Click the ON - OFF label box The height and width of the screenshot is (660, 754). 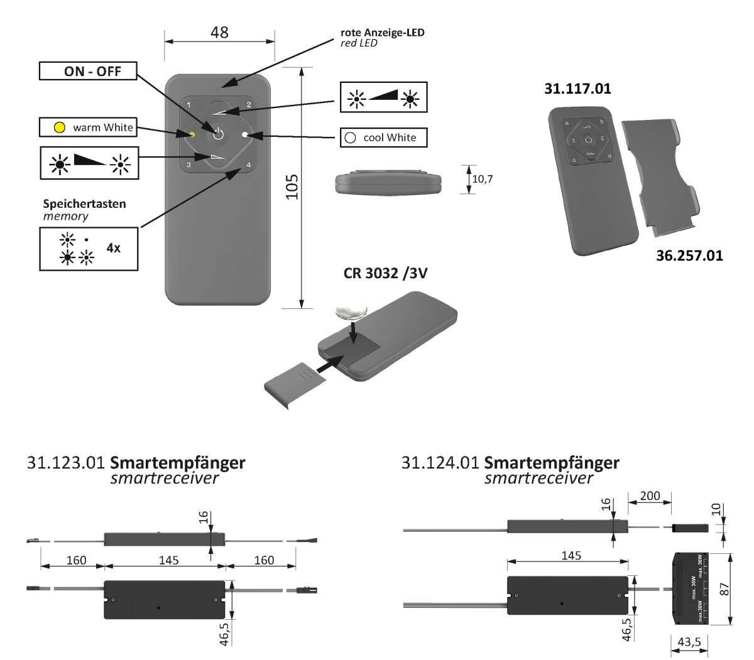coord(89,71)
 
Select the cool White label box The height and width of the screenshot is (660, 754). coord(383,138)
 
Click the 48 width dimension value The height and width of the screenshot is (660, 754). coord(219,32)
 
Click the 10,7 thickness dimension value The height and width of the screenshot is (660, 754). coord(483,180)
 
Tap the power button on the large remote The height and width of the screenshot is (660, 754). coord(218,134)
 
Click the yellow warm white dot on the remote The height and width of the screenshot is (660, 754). coord(192,134)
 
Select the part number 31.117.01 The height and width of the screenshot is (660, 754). coord(577,89)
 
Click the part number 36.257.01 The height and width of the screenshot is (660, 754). coord(689,256)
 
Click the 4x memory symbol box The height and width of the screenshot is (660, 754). coord(89,249)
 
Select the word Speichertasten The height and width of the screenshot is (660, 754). coord(84,204)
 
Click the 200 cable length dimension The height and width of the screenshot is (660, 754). coord(650,496)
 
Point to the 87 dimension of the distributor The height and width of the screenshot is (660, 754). coord(742,588)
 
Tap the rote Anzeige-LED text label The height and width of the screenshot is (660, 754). coord(382,32)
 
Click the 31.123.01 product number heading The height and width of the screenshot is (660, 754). coord(65,463)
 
